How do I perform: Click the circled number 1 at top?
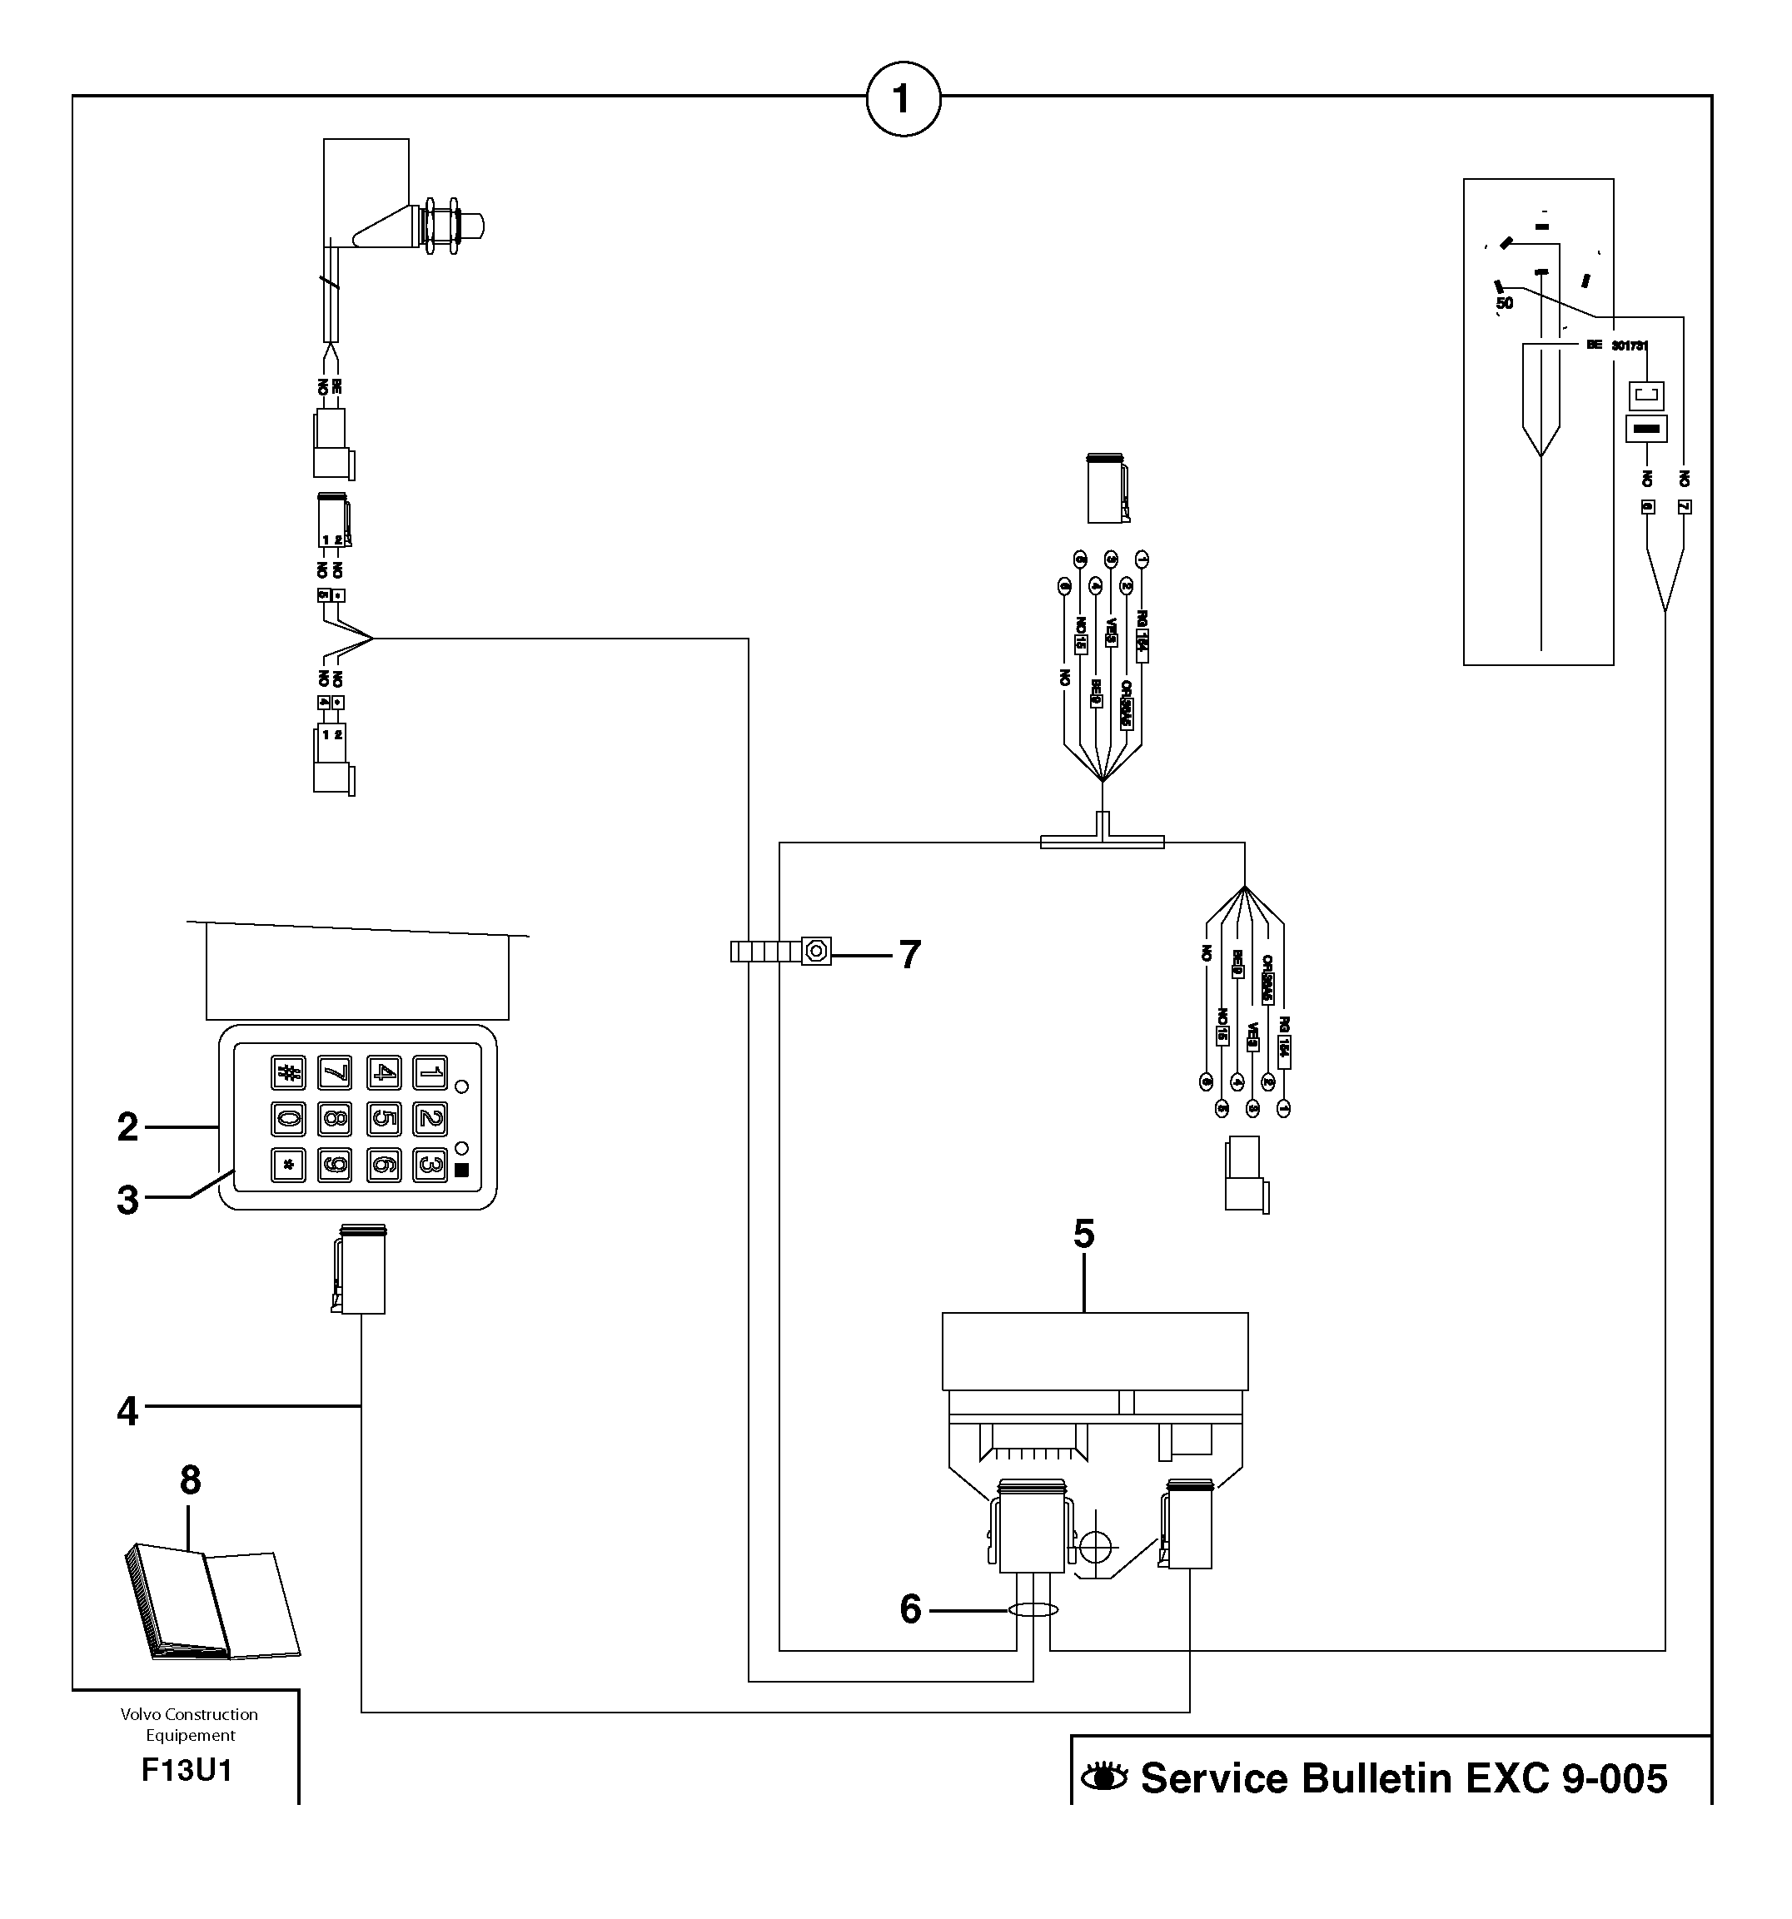pos(902,98)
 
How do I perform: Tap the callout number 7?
pos(909,955)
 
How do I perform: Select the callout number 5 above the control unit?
pos(1083,1234)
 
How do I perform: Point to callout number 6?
pos(910,1609)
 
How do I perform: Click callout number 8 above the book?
pos(189,1479)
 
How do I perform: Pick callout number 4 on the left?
pos(127,1411)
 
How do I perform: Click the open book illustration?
pos(212,1602)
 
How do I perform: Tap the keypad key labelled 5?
pos(383,1119)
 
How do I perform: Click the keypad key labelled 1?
pos(430,1072)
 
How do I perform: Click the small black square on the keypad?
pos(461,1170)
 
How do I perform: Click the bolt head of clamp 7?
pos(816,952)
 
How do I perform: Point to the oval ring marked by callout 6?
pos(1033,1609)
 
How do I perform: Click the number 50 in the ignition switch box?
pos(1504,303)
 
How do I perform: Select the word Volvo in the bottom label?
pos(140,1714)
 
